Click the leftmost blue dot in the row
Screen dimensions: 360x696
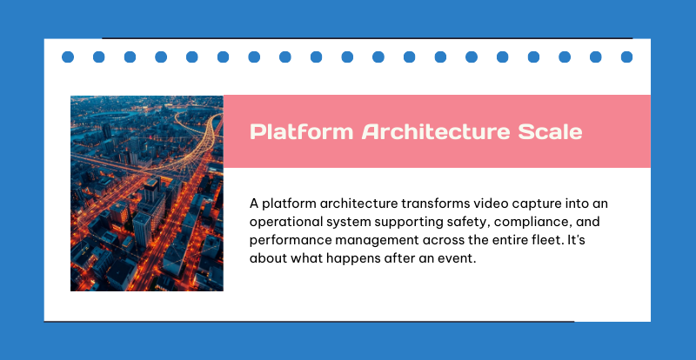[x=68, y=57]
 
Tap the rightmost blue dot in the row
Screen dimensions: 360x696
[x=626, y=57]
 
